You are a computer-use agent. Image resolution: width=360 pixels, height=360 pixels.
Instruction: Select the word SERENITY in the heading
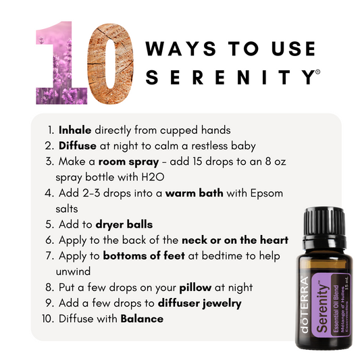pos(230,77)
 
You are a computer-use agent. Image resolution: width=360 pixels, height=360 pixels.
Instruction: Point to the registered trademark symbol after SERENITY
pos(317,72)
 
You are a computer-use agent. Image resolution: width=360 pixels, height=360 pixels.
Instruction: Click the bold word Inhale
pos(75,130)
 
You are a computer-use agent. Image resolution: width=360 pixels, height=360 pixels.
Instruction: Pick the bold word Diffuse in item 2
pos(78,146)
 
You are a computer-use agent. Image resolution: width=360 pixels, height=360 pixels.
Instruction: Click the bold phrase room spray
pos(128,162)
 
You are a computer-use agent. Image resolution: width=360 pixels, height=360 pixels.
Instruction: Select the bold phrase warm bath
pos(195,193)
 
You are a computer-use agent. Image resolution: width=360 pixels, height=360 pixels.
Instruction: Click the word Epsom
pos(267,193)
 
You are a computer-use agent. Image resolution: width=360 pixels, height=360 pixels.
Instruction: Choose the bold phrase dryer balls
pos(124,224)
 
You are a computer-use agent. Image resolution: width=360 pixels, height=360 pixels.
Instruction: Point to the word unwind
pos(73,272)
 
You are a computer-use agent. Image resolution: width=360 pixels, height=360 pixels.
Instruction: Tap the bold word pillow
pos(195,288)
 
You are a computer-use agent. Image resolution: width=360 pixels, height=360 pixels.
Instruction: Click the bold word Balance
pos(142,319)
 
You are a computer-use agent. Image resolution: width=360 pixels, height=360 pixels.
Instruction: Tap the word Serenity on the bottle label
pos(322,308)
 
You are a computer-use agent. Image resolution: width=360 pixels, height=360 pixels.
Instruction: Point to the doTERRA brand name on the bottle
pos(305,305)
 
